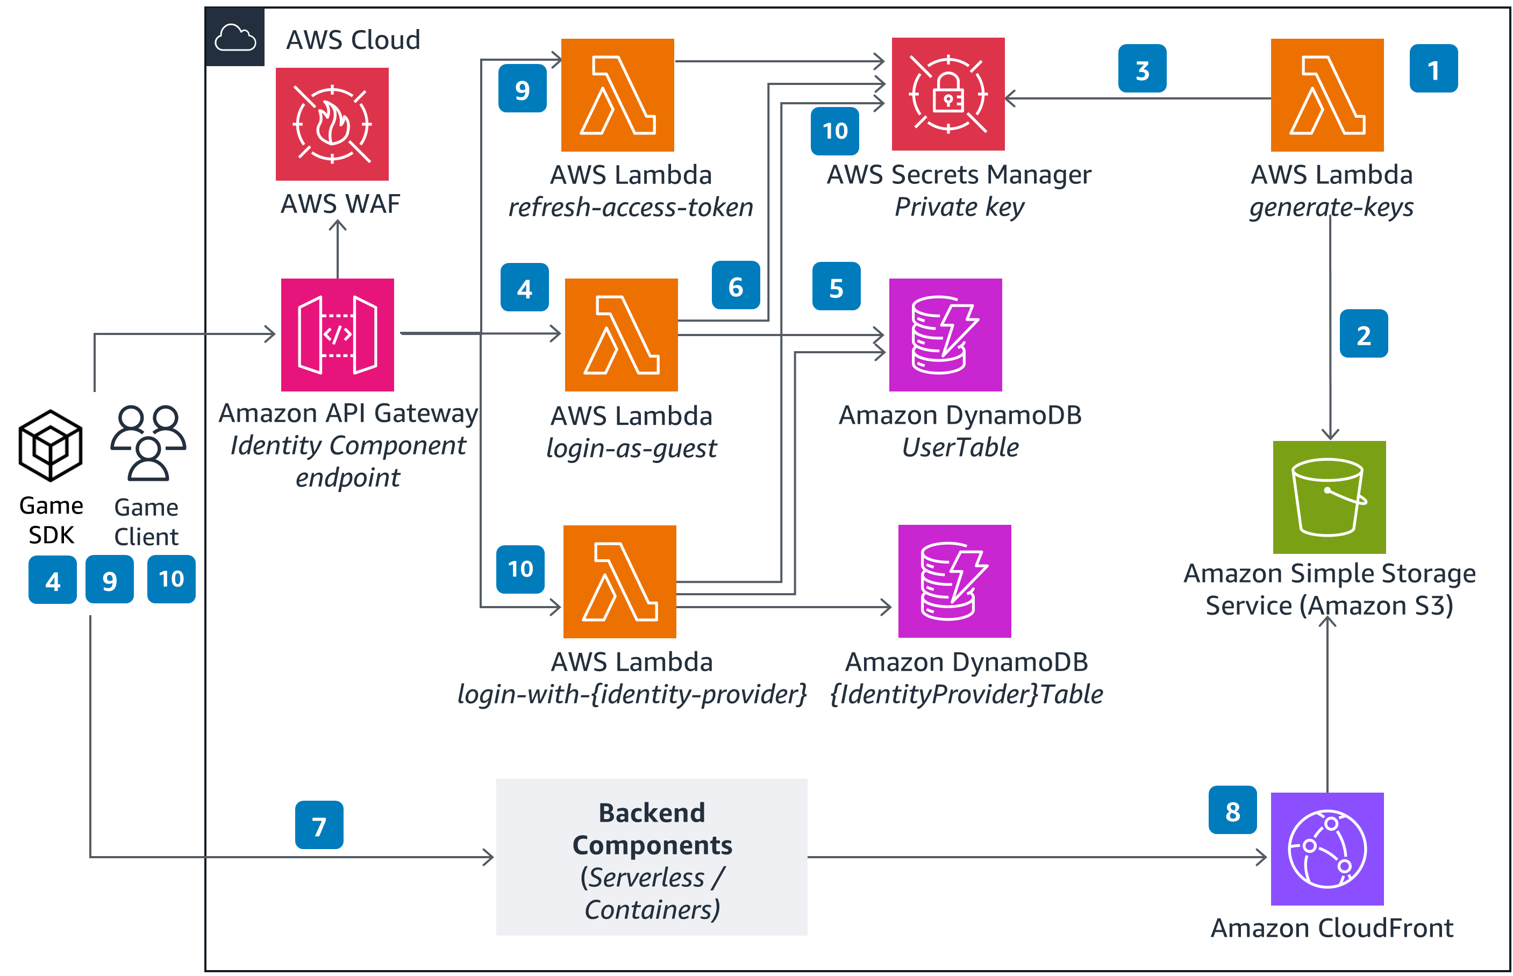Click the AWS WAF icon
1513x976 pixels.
click(332, 124)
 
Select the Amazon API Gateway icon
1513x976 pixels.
click(337, 334)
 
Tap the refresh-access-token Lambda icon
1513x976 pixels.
click(617, 95)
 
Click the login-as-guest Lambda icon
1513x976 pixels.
click(621, 334)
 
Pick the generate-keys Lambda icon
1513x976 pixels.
click(1327, 95)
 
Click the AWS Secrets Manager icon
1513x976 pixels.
click(948, 94)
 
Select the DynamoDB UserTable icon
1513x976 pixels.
click(945, 334)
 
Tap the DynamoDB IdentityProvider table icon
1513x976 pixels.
click(954, 581)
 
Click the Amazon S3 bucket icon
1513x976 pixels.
click(1329, 497)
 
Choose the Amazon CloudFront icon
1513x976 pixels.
click(1327, 849)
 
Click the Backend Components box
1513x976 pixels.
click(651, 857)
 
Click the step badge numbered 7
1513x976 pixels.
click(319, 825)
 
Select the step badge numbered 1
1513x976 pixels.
click(1433, 68)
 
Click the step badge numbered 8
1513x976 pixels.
click(1232, 810)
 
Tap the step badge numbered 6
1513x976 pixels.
click(736, 285)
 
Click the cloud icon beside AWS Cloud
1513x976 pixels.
click(235, 38)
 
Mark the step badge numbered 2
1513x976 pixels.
click(1364, 333)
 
